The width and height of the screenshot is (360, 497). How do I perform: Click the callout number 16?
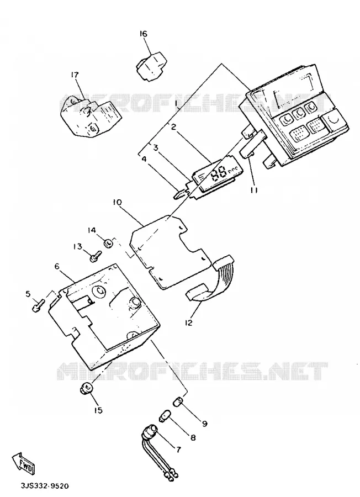[x=144, y=34]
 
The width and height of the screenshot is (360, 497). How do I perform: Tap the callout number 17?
[x=75, y=75]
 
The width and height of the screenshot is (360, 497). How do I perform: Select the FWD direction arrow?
[x=23, y=463]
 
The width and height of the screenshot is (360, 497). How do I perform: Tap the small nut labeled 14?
[x=109, y=244]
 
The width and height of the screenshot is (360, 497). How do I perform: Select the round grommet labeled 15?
[x=86, y=388]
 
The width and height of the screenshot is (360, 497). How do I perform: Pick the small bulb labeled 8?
[x=163, y=415]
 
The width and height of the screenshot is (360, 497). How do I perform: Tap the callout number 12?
[x=189, y=322]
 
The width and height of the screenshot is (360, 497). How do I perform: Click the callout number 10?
[x=117, y=202]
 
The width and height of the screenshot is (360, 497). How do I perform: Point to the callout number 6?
[x=57, y=266]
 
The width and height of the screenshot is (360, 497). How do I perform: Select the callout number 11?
[x=254, y=189]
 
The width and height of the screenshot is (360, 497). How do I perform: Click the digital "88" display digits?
[x=219, y=173]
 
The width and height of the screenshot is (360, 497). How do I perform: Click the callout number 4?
[x=144, y=159]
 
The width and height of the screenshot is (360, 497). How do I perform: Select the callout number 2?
[x=173, y=127]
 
